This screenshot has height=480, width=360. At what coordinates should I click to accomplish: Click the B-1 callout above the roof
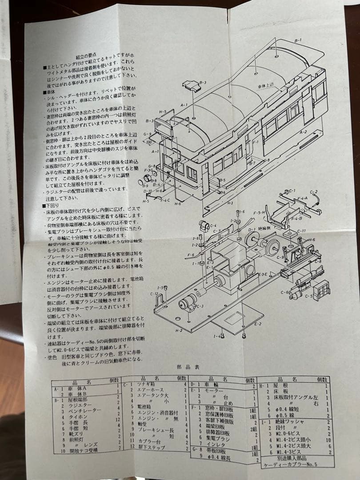[x=298, y=40]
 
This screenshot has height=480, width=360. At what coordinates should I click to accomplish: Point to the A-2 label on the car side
[x=303, y=132]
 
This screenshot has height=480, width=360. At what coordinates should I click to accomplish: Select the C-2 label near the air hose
[x=314, y=192]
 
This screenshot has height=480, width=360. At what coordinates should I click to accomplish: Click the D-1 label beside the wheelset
[x=252, y=230]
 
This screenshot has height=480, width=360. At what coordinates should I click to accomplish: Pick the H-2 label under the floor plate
[x=179, y=330]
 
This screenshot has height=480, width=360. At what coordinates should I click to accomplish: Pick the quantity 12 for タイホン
[x=118, y=419]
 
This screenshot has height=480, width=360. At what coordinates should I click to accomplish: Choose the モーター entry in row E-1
[x=214, y=390]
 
